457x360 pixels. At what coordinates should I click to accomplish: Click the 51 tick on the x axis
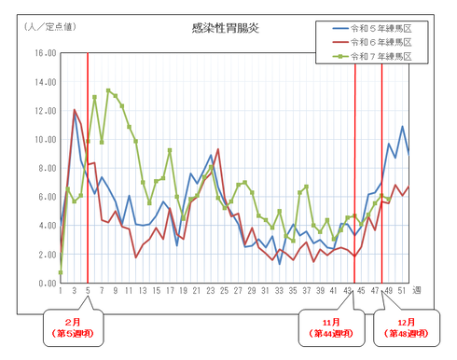pos(402,292)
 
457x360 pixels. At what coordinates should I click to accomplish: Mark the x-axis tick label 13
pos(143,292)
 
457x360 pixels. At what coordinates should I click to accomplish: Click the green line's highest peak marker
pos(108,90)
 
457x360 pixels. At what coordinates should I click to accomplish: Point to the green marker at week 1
pos(61,272)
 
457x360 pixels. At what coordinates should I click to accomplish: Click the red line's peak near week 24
pos(218,150)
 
